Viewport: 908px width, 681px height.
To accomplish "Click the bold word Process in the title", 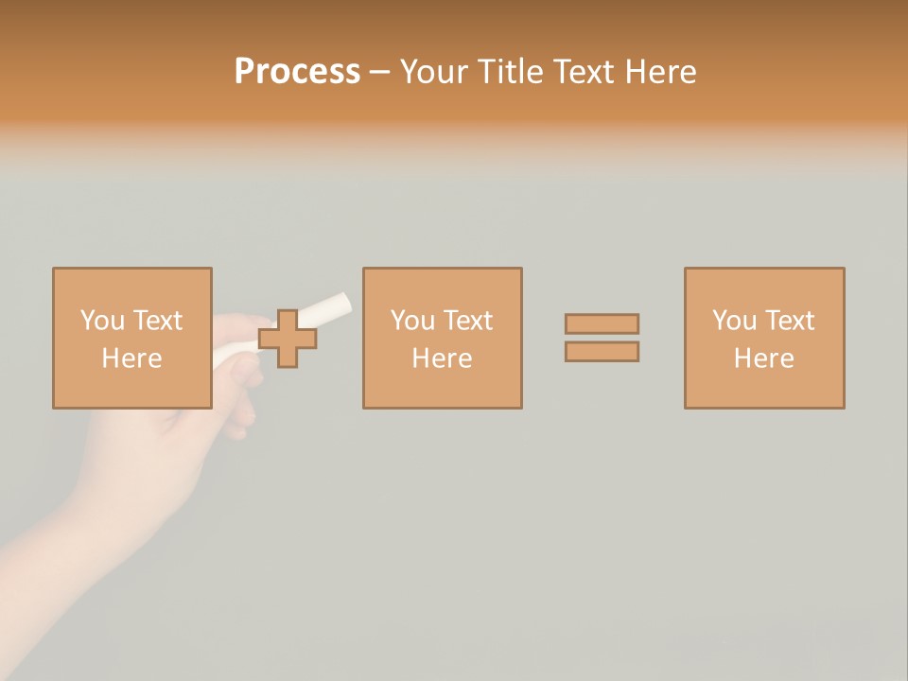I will coord(297,72).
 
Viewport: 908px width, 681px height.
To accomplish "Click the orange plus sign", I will coord(288,339).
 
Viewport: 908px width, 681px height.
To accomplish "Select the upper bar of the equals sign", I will coord(602,323).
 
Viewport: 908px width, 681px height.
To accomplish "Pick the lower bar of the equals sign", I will coord(602,351).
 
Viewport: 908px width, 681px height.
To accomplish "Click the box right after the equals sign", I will coord(764,339).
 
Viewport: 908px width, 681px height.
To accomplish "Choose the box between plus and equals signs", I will coord(442,339).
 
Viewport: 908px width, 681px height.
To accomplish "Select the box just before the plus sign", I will coord(131,339).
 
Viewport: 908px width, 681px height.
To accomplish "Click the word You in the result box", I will coord(734,321).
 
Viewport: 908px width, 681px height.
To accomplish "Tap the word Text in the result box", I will coord(789,321).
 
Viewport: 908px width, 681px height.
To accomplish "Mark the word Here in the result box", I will coord(764,358).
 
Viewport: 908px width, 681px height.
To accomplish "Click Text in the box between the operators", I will coord(467,321).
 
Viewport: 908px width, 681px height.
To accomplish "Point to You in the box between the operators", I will coord(412,321).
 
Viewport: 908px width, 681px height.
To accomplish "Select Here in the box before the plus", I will coord(131,358).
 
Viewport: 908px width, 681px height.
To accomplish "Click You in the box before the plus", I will coord(102,321).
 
